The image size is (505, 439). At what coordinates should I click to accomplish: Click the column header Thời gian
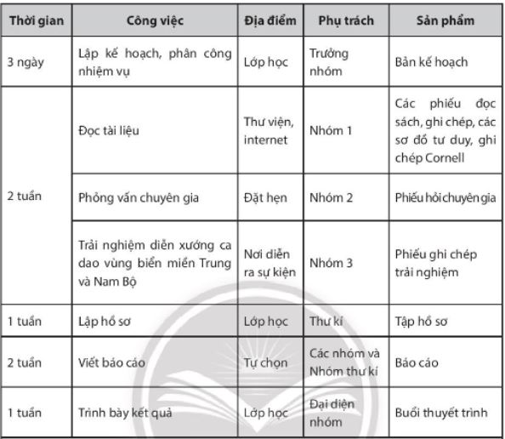(34, 20)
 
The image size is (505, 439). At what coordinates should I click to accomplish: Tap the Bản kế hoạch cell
(432, 62)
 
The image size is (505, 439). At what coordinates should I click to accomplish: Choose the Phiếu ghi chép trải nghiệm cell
(435, 263)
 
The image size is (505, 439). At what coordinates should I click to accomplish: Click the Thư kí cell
(326, 322)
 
